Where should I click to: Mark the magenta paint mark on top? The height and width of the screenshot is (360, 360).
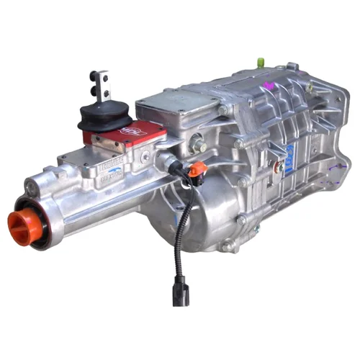click(x=270, y=85)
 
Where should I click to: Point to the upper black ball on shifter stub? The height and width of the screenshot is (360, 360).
click(x=94, y=74)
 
